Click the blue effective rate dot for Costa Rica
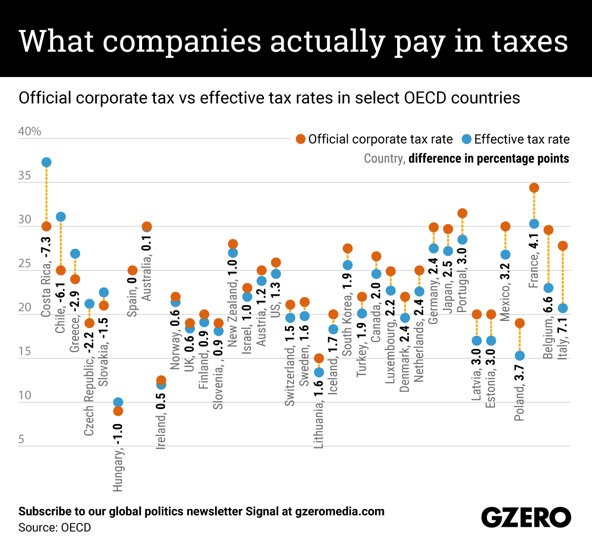(x=46, y=162)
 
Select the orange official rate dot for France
(x=534, y=188)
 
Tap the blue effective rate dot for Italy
(x=562, y=308)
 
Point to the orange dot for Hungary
(x=118, y=411)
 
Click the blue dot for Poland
(x=519, y=355)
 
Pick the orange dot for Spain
(x=132, y=270)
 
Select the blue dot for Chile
(x=61, y=217)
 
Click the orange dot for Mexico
(x=505, y=227)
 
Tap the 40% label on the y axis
(x=30, y=131)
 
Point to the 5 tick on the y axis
(x=21, y=439)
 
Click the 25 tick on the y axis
(x=25, y=264)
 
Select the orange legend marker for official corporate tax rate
(x=300, y=139)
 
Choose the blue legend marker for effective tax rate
(x=466, y=139)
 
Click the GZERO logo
(x=526, y=517)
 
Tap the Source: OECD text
(x=55, y=528)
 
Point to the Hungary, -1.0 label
(x=118, y=457)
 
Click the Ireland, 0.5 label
(x=161, y=418)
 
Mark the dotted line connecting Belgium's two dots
(x=548, y=259)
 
